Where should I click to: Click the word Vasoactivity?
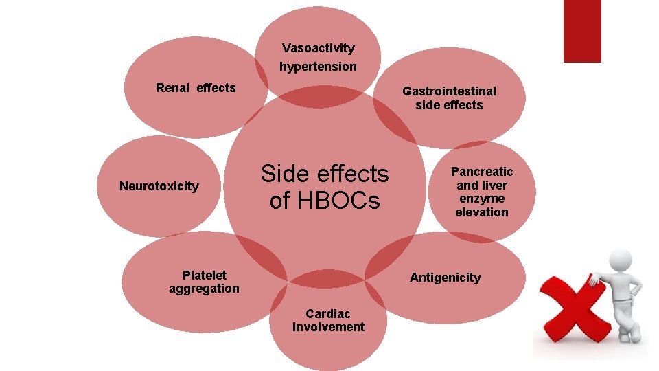coord(318,48)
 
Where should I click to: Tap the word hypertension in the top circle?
coord(318,67)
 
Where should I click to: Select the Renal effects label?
coord(196,88)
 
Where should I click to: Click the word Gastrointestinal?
coord(449,91)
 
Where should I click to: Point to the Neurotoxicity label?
coord(159,186)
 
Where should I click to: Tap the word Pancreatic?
coord(481,172)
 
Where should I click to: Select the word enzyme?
coord(481,199)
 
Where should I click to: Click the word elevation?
coord(481,212)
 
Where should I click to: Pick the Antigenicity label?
coord(445,278)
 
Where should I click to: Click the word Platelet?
coord(205,275)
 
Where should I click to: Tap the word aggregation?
coord(204,289)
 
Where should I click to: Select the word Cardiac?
coord(328,314)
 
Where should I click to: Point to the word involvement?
coord(328,327)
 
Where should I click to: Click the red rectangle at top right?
coord(581,30)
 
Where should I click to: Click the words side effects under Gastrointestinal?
coord(449,105)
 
